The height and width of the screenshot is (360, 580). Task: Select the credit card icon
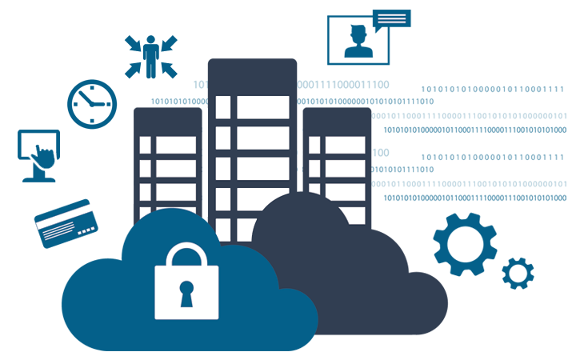(66, 222)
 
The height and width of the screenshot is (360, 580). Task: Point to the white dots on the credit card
(86, 230)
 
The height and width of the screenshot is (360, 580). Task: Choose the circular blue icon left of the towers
(91, 103)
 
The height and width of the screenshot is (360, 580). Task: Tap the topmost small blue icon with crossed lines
(150, 56)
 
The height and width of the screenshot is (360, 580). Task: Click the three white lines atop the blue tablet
(391, 18)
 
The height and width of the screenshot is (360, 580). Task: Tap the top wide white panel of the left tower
(175, 145)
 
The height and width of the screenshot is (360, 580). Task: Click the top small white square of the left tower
(145, 145)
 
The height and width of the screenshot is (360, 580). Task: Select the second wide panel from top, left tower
(175, 169)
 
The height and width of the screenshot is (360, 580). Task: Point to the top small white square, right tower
(314, 145)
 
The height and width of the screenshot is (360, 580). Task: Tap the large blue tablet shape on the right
(464, 120)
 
